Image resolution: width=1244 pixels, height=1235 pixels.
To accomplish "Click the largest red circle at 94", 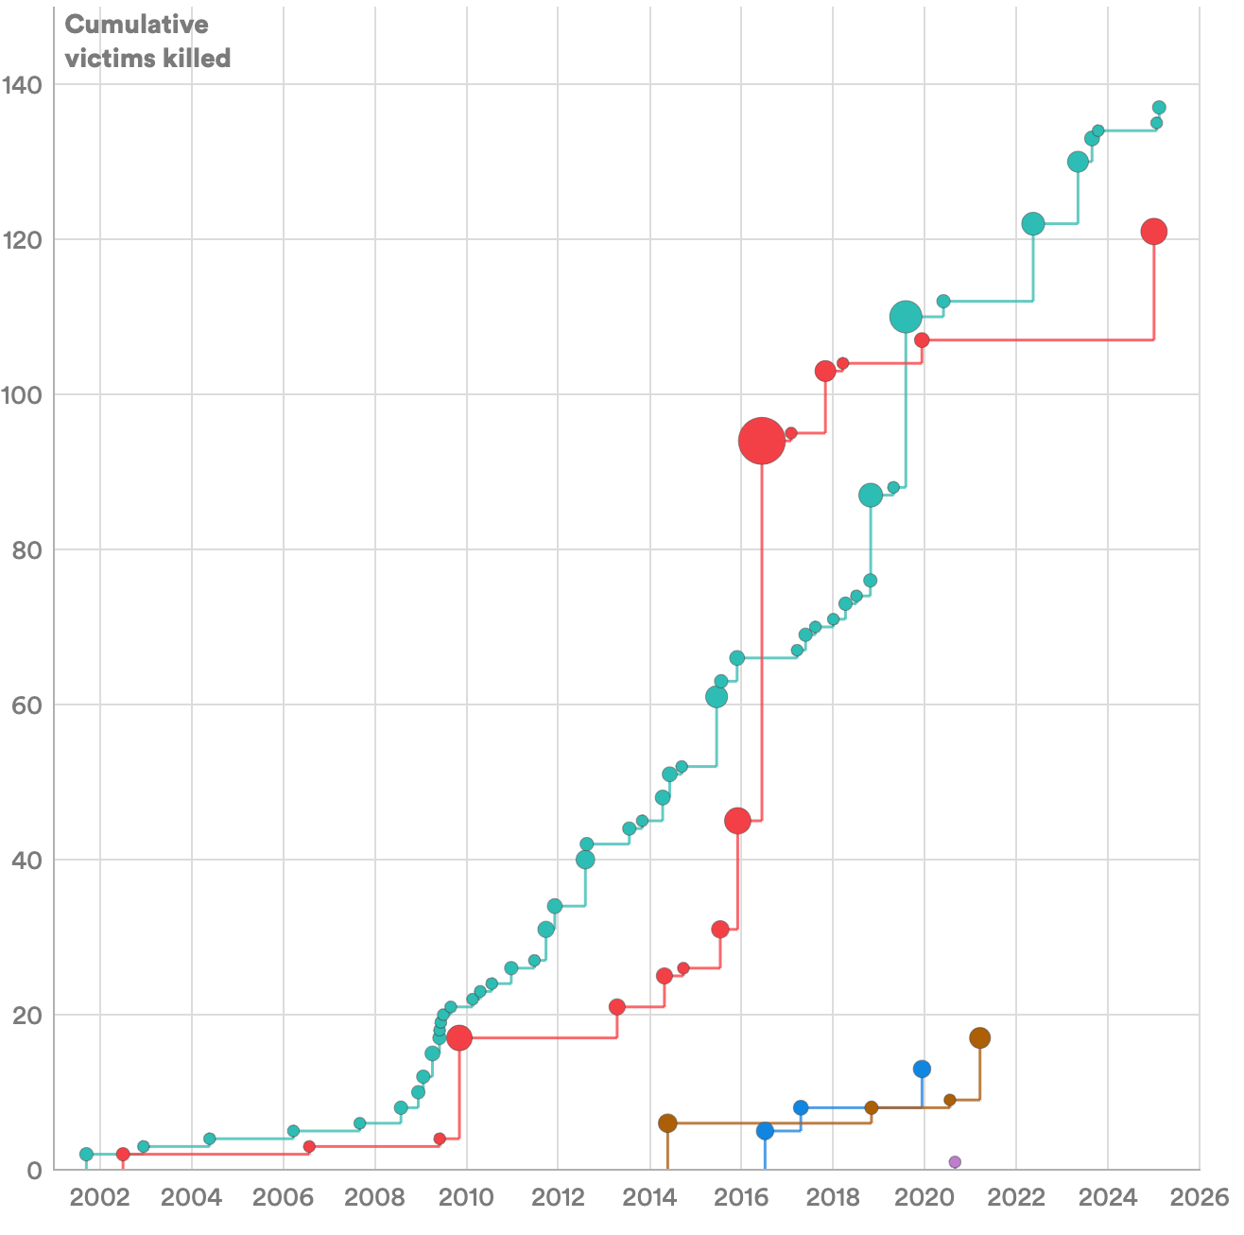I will [762, 441].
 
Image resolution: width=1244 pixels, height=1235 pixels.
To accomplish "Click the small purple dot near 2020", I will [955, 1162].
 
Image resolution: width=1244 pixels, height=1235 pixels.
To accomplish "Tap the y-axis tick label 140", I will [35, 85].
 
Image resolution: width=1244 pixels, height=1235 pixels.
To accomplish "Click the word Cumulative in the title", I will [136, 25].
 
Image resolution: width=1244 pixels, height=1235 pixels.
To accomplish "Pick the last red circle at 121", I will [1153, 232].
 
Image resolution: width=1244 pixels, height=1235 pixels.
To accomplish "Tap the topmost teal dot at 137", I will [1159, 108].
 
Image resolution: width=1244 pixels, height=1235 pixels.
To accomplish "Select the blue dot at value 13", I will [922, 1069].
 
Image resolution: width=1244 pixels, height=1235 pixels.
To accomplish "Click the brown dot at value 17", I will [980, 1038].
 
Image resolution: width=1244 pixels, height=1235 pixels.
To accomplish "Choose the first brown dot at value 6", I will [667, 1123].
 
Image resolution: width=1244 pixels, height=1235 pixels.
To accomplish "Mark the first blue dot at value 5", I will [765, 1131].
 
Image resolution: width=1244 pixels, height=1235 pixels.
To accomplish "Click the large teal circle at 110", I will [906, 317].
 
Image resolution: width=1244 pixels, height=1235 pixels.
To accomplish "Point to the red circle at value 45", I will [737, 821].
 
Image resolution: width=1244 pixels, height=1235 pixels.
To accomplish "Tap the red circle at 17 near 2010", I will [459, 1038].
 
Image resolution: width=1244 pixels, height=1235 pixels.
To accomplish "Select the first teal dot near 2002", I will [86, 1155].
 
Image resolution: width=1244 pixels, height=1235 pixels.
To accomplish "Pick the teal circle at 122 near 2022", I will [1033, 224].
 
